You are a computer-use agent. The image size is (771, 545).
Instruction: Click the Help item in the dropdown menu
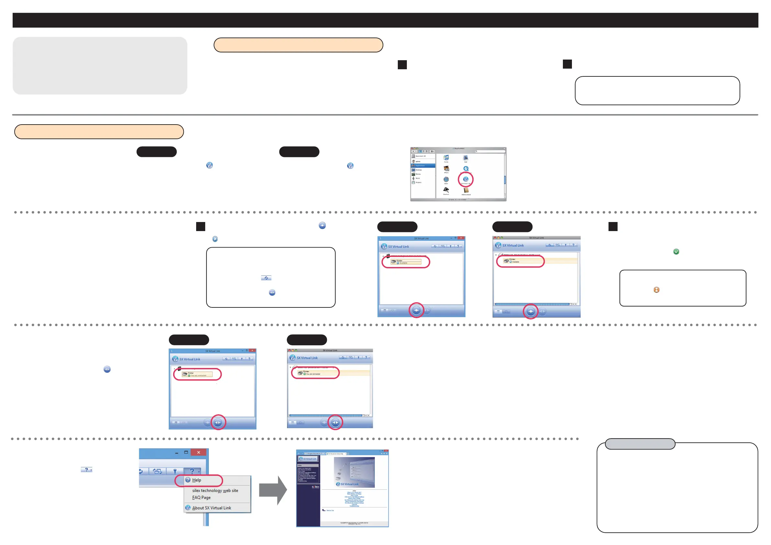197,480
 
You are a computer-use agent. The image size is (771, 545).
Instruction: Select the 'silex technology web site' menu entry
215,491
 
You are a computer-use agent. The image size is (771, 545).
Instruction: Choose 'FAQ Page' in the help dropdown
201,498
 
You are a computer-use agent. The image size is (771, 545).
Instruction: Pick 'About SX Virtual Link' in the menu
212,508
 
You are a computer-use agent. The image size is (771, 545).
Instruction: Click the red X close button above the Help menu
198,452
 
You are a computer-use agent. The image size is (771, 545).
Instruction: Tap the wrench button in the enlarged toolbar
174,471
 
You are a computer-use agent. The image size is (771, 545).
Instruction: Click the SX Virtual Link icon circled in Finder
465,179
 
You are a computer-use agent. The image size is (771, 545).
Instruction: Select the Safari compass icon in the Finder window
446,179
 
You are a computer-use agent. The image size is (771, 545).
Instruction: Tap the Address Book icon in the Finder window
466,190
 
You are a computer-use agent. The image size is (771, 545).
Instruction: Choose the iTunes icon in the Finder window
446,158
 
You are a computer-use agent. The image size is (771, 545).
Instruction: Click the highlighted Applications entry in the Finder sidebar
423,166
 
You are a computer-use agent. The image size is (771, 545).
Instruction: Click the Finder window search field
490,151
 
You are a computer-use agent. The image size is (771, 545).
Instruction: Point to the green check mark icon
676,251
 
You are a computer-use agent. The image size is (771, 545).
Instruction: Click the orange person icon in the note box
656,290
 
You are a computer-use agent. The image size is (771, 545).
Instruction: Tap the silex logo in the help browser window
315,487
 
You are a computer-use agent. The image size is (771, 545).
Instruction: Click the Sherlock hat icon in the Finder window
446,190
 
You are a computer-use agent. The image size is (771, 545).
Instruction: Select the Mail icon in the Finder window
465,158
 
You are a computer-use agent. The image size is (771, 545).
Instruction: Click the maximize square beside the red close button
186,452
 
